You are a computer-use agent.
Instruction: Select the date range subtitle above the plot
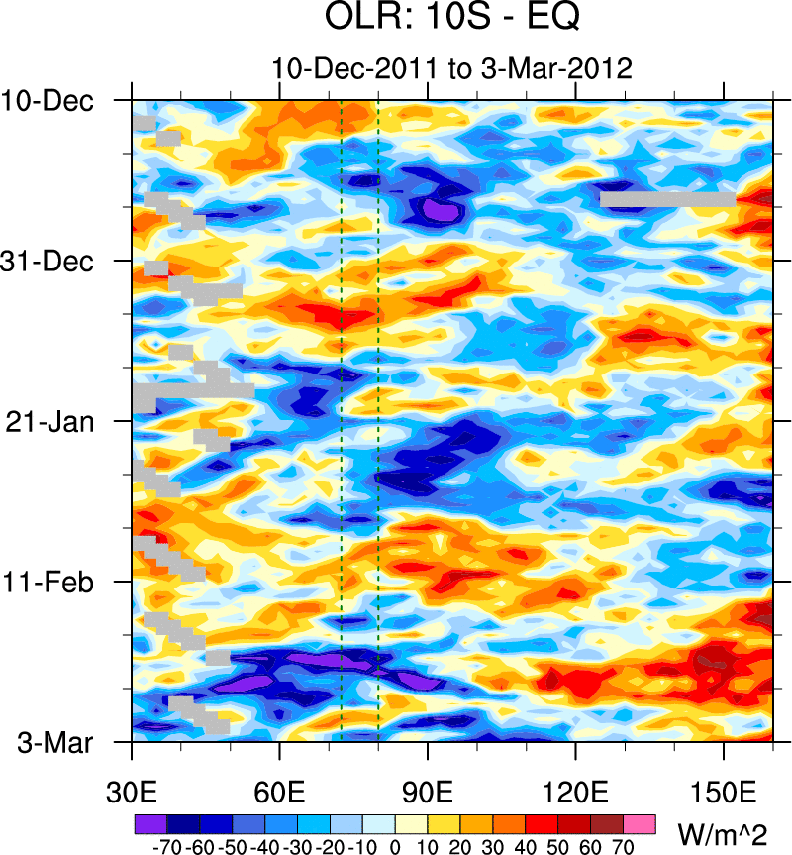pos(451,69)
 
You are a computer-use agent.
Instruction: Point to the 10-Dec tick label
pos(48,101)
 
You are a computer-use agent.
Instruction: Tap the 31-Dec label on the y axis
pos(48,262)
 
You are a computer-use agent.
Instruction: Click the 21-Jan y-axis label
pos(48,422)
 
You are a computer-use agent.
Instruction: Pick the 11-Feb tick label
pos(48,582)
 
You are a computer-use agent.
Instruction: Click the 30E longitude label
pos(133,794)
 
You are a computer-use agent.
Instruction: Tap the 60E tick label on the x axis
pos(280,794)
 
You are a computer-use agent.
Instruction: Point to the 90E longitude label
pos(428,794)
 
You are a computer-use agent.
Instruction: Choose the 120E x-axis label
pos(575,794)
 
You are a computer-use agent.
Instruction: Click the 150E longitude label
pos(724,794)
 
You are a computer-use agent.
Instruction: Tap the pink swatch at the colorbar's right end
pos(640,823)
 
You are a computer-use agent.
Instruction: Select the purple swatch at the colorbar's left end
pos(149,823)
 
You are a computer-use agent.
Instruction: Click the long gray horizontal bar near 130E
pos(667,200)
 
